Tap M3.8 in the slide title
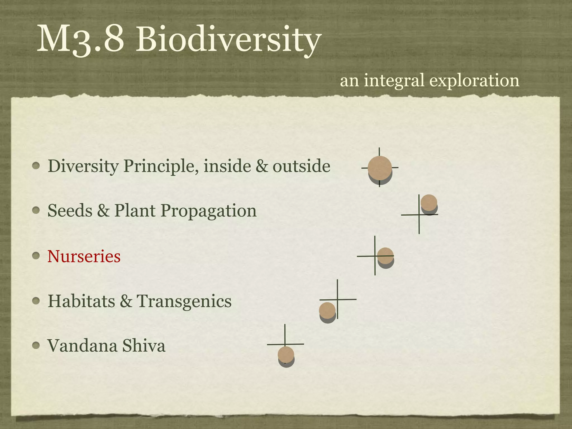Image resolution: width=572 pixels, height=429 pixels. tap(80, 39)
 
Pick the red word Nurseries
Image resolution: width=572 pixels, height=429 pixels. tap(84, 256)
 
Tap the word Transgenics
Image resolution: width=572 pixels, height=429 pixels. tap(184, 301)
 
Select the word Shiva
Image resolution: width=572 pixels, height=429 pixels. tap(144, 346)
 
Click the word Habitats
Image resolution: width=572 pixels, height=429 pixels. tap(81, 301)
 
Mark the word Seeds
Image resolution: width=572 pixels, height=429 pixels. tap(70, 211)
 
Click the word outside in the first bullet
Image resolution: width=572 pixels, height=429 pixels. tap(301, 166)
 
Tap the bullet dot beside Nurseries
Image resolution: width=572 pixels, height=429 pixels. tap(36, 256)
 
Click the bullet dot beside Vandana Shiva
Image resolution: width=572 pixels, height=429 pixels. tap(36, 346)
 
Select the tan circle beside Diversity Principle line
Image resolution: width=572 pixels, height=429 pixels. tap(380, 168)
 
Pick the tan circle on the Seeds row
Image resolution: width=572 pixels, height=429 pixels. tap(429, 202)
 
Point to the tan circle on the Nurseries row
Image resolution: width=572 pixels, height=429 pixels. tap(385, 256)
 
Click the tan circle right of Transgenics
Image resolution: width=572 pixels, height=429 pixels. tap(327, 310)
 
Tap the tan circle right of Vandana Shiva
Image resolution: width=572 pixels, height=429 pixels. tap(286, 354)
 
